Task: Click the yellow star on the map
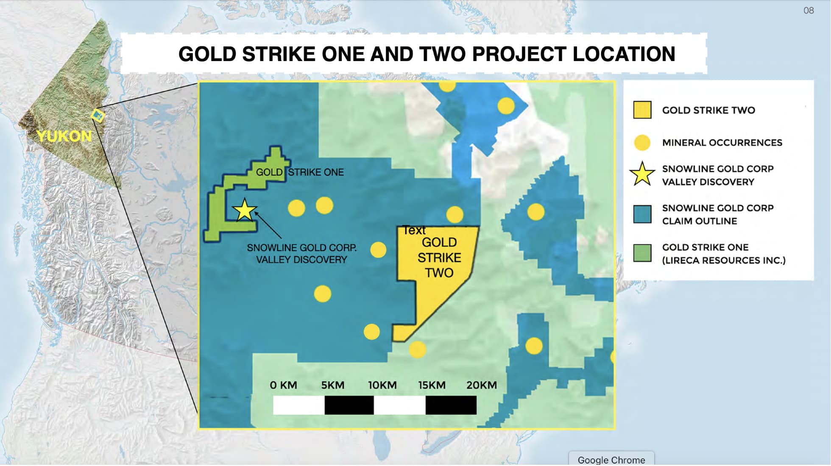point(245,210)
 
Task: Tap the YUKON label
point(64,136)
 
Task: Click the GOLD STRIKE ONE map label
point(300,172)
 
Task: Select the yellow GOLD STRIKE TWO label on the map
point(439,258)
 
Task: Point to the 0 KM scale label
point(283,385)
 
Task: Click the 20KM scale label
point(481,385)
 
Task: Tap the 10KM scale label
point(382,385)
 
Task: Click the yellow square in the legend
point(642,110)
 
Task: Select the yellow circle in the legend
point(642,143)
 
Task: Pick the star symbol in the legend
point(642,175)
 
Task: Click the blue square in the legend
point(642,214)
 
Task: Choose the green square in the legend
point(642,253)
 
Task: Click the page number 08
point(809,11)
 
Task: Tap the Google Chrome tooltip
point(611,460)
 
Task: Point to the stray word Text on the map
point(414,230)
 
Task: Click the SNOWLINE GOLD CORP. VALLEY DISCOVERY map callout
point(301,253)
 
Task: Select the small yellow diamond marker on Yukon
point(98,115)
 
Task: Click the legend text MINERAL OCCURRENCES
point(722,143)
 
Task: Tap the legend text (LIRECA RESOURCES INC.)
point(724,260)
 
